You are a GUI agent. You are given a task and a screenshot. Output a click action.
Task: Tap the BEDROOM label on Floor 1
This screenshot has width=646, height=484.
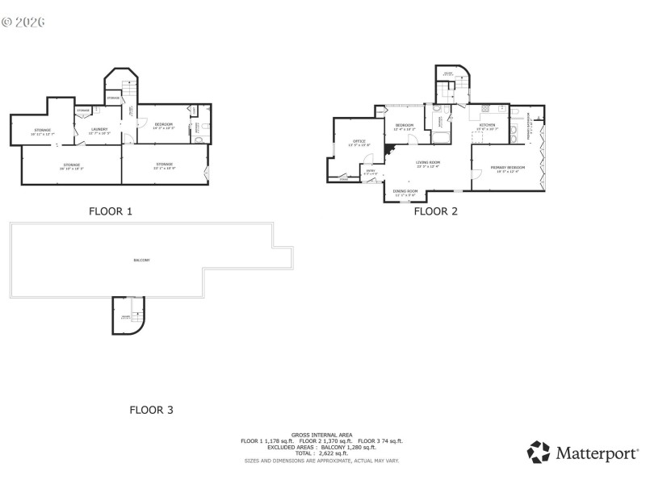pos(163,125)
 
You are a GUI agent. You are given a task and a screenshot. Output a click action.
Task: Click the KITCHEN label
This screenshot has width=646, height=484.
pos(487,126)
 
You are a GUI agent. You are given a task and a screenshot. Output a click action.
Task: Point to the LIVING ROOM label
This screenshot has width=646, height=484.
pos(427,164)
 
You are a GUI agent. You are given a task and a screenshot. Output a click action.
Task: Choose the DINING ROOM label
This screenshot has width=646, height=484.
pos(405,192)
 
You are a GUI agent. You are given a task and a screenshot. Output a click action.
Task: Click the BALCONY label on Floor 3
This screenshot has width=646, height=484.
pos(141,260)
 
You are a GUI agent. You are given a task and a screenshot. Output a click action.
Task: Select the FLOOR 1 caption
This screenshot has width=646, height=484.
pos(110,212)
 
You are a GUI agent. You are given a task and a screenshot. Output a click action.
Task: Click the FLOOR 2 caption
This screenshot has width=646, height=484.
pos(435,212)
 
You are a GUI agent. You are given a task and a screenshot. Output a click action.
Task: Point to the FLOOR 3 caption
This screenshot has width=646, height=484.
pos(151,410)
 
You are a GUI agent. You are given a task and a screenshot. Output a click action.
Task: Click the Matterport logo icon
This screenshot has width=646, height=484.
pos(539,453)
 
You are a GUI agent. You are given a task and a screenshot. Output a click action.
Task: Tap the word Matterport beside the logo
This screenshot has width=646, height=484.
pos(596,453)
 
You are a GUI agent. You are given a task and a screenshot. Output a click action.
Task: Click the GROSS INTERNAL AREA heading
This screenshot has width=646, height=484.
pos(321,435)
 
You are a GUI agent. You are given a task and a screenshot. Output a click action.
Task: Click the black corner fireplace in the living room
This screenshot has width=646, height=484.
pos(389,150)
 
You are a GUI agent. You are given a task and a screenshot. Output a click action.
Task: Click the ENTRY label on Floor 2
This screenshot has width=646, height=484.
pos(371,172)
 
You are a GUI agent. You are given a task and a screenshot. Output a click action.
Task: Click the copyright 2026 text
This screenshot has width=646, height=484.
pos(23,22)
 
